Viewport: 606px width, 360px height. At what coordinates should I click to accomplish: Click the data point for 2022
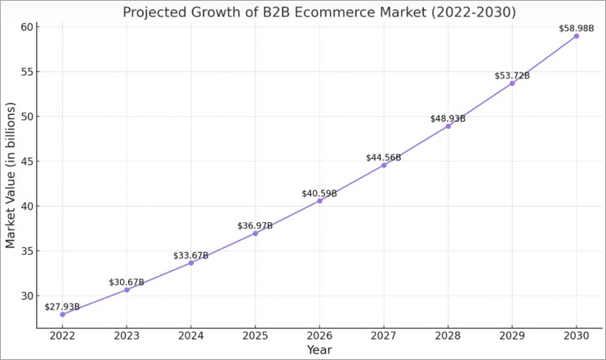62,314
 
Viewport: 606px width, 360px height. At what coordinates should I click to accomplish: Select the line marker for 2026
319,201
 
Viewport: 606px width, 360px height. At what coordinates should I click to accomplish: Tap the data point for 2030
577,36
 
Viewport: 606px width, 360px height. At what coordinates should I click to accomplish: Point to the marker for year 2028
448,126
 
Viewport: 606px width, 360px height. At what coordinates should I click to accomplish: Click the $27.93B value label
62,307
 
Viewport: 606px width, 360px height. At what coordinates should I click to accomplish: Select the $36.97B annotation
255,225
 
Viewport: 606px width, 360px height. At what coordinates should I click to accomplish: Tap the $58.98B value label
577,29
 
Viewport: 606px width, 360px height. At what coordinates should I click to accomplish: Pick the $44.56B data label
384,158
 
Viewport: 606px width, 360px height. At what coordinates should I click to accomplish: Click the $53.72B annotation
512,76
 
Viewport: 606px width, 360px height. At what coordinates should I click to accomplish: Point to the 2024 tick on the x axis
190,336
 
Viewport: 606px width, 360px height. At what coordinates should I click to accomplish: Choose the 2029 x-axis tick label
512,336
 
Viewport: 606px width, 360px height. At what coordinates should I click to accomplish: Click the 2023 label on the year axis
127,336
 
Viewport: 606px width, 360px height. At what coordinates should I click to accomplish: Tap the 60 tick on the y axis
27,27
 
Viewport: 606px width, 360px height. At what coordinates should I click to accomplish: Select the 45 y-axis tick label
27,162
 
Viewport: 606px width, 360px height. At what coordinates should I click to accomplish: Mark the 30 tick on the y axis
27,296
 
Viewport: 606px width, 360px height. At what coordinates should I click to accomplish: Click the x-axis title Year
319,350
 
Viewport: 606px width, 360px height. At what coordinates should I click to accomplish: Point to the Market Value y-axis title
11,176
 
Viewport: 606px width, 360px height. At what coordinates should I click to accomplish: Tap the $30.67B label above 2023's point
127,282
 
